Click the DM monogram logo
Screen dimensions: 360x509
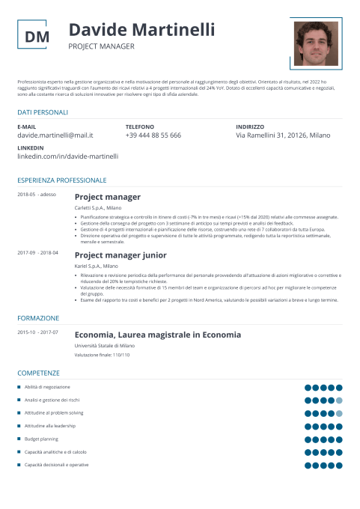tap(37, 37)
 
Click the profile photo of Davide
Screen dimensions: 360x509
tap(316, 43)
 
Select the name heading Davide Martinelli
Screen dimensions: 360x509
tap(141, 30)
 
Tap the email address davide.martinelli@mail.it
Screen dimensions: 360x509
tap(55, 135)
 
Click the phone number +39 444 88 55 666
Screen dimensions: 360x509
tap(153, 135)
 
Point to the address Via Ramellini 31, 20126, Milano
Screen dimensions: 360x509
tap(282, 135)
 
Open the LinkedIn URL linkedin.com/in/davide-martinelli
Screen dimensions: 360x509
tap(67, 156)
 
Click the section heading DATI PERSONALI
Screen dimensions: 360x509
tap(43, 112)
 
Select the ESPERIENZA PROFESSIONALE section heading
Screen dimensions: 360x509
tap(62, 180)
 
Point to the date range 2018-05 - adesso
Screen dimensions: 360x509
tap(37, 195)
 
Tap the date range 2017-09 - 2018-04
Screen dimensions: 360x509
tap(37, 252)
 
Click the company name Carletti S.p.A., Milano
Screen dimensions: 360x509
tap(98, 207)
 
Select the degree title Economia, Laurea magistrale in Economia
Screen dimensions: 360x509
tap(158, 335)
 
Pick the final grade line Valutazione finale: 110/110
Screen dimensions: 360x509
tap(102, 355)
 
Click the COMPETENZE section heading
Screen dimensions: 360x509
tap(38, 372)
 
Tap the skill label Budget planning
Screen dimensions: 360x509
tap(41, 439)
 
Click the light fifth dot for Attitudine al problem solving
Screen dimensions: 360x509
tap(339, 413)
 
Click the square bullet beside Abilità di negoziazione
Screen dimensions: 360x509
tap(19, 387)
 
